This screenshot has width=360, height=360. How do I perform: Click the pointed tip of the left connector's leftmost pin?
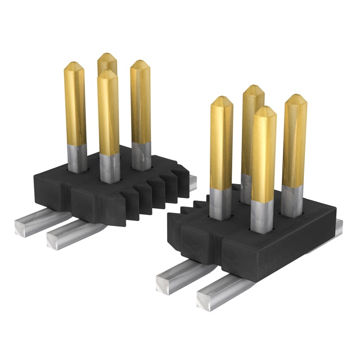(x=73, y=66)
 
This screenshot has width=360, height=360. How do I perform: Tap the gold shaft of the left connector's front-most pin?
(x=107, y=118)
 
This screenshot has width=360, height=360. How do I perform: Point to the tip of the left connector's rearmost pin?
(x=105, y=57)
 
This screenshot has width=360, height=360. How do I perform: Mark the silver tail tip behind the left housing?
(x=192, y=180)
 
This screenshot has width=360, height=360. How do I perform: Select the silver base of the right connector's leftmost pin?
(x=220, y=202)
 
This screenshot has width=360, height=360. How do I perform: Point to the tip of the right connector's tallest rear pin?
(x=254, y=90)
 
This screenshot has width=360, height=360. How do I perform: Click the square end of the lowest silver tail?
(x=205, y=299)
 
